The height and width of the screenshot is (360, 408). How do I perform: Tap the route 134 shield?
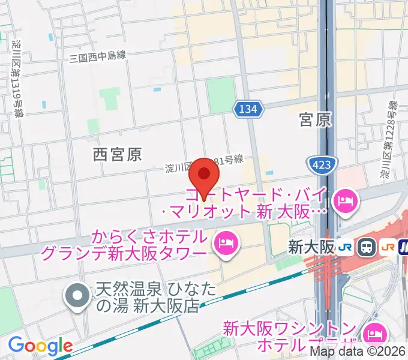pyautogui.click(x=248, y=109)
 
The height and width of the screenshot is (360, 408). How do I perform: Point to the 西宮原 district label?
pyautogui.click(x=117, y=155)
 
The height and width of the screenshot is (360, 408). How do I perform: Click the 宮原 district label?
pyautogui.click(x=315, y=120)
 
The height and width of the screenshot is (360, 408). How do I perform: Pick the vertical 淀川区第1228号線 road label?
pyautogui.click(x=390, y=142)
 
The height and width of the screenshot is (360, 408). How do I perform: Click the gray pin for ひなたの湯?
pyautogui.click(x=78, y=295)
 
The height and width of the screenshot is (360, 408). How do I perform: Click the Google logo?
pyautogui.click(x=40, y=346)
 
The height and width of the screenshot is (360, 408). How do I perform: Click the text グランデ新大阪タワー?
pyautogui.click(x=123, y=254)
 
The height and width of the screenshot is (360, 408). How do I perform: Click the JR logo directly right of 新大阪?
pyautogui.click(x=344, y=247)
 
